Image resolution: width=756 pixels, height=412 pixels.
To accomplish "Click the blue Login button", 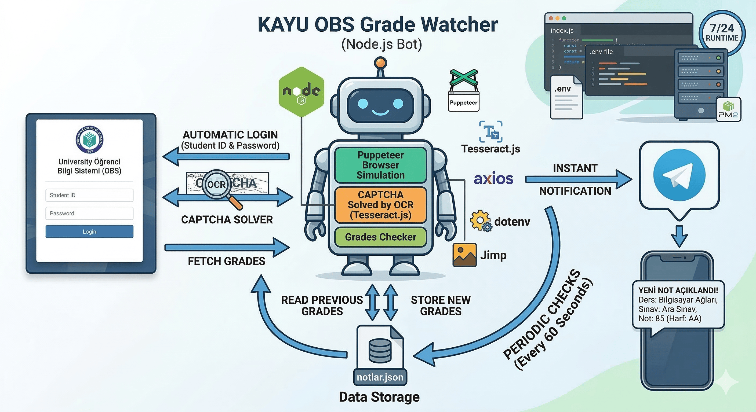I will coord(89,231).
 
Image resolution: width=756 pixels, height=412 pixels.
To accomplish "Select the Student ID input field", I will coord(89,195).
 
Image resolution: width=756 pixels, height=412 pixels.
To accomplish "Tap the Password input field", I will coord(89,213).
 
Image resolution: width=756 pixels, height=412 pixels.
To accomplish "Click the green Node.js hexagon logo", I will coord(301,92).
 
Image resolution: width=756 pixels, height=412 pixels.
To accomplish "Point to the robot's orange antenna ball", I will coord(380,63).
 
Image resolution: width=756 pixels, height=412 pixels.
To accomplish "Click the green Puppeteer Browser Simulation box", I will coord(380,165).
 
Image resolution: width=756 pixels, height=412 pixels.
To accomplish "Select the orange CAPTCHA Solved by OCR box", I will coord(380,205).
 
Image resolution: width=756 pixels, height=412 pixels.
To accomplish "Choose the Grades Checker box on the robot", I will coord(380,237).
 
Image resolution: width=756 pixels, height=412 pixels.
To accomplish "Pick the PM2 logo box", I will coord(728,110).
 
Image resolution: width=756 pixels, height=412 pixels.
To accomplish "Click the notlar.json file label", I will coord(380,377).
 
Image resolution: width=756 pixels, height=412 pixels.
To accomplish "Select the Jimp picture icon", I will coord(464,255).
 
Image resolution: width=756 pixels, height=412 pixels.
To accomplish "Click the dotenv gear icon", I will coord(479,220).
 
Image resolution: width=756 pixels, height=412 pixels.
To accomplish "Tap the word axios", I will coord(493,179).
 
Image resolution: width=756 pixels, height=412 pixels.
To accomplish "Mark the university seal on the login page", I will coord(89,139).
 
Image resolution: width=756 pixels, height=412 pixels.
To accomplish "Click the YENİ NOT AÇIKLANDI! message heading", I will coord(678,290).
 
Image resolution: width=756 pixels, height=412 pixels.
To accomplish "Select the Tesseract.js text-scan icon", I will coord(491,132).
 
